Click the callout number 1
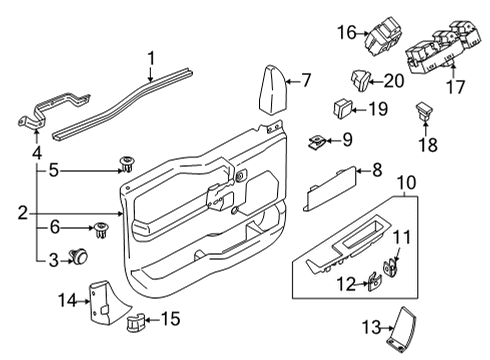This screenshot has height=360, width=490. (x=151, y=59)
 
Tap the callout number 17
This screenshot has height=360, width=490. (x=455, y=87)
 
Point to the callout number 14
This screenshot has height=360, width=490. (x=67, y=299)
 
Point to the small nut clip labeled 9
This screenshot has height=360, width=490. (x=318, y=139)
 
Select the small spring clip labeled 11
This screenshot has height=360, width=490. (x=390, y=266)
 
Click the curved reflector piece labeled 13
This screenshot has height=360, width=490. (x=403, y=326)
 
